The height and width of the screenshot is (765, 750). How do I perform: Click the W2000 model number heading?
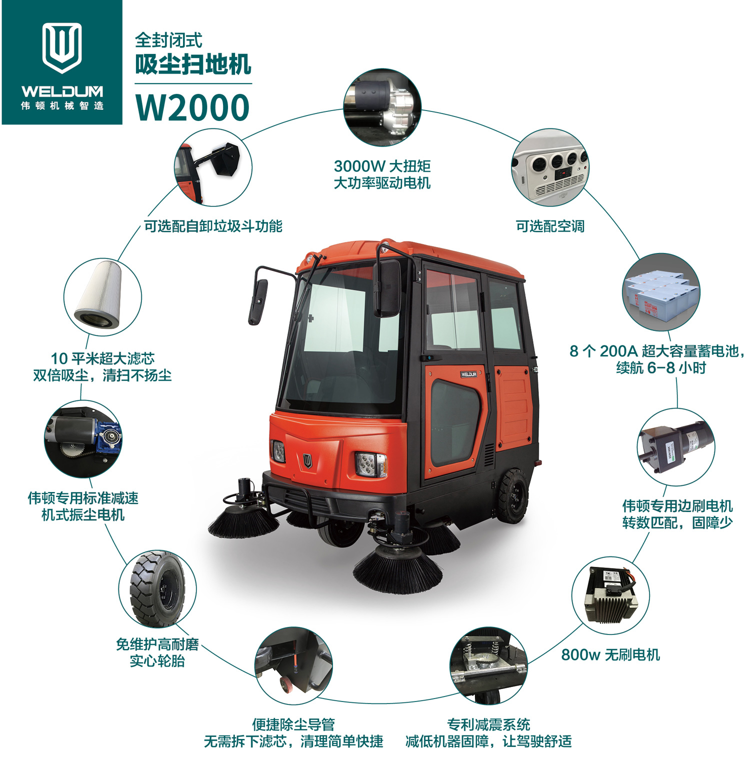pyautogui.click(x=192, y=107)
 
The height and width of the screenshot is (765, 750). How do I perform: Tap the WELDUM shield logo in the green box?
pyautogui.click(x=62, y=47)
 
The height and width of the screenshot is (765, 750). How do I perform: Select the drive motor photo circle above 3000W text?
pyautogui.click(x=382, y=107)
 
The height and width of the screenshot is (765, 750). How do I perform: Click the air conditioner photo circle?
pyautogui.click(x=550, y=167)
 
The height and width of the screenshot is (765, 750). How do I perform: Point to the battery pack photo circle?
pyautogui.click(x=661, y=292)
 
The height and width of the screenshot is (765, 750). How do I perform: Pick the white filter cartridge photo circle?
pyautogui.click(x=102, y=297)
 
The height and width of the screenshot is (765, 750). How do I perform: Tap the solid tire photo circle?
pyautogui.click(x=157, y=589)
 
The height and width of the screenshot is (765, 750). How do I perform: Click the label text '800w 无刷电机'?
pyautogui.click(x=610, y=654)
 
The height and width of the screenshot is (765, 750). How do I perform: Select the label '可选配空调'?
pyautogui.click(x=550, y=226)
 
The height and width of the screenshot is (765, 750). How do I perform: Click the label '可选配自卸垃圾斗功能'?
pyautogui.click(x=213, y=226)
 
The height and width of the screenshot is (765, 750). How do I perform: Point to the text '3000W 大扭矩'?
pyautogui.click(x=382, y=166)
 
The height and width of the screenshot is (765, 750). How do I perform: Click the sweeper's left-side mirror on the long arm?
pyautogui.click(x=258, y=301)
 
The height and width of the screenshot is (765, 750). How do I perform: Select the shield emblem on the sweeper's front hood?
pyautogui.click(x=307, y=460)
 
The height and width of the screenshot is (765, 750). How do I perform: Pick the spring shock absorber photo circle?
pyautogui.click(x=488, y=666)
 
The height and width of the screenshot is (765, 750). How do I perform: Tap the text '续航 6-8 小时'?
pyautogui.click(x=661, y=368)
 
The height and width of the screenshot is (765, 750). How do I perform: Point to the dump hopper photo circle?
pyautogui.click(x=213, y=167)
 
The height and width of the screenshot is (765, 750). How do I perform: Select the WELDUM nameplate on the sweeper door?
pyautogui.click(x=468, y=374)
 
